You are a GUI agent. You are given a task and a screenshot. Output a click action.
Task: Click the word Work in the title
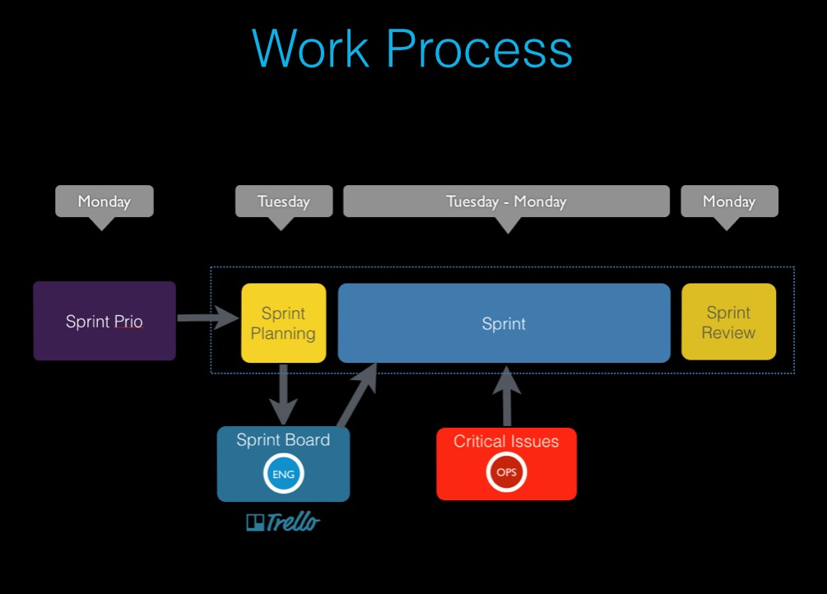[x=313, y=49]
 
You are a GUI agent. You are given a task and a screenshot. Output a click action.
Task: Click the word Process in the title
[x=480, y=49]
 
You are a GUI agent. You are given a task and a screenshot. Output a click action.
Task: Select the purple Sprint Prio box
[x=105, y=321]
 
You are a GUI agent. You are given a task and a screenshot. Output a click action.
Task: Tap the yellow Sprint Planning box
[x=283, y=323]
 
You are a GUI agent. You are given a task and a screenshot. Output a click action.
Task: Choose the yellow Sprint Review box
[x=728, y=323]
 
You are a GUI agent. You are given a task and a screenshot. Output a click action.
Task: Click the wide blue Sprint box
[x=504, y=323]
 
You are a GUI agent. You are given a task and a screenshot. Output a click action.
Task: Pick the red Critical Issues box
[x=506, y=463]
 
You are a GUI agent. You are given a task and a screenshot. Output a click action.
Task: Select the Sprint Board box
[x=283, y=463]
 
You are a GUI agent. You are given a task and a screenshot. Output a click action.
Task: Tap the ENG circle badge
[x=283, y=473]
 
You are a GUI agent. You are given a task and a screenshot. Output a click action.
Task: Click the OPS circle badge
[x=506, y=473]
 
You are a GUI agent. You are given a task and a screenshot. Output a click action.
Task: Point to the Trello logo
[x=282, y=522]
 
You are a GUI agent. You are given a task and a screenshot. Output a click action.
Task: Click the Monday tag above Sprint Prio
[x=104, y=202]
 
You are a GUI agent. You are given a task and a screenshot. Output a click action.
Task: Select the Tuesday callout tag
[x=284, y=202]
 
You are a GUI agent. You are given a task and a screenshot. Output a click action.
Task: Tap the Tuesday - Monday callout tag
[x=506, y=202]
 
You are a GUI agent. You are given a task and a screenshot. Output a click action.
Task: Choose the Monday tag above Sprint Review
[x=729, y=202]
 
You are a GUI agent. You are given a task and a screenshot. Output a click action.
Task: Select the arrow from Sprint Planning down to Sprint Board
[x=284, y=393]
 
